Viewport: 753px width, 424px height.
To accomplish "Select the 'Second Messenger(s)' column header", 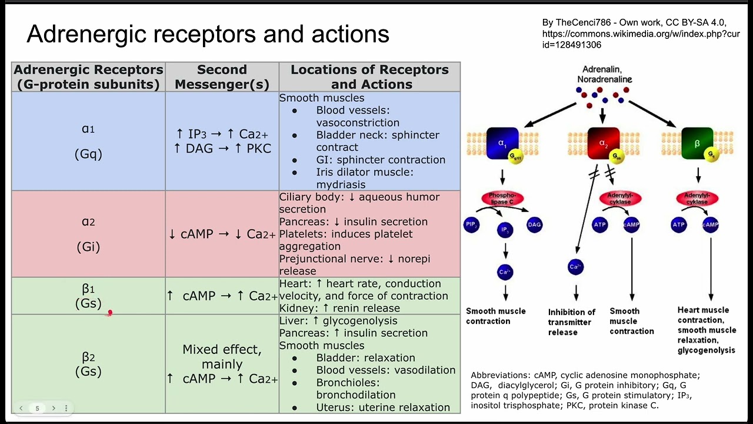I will coord(222,77).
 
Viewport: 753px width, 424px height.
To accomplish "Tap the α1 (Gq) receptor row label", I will coord(88,141).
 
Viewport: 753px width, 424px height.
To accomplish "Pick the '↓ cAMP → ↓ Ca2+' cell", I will coord(222,234).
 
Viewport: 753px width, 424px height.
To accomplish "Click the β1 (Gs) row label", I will coord(88,296).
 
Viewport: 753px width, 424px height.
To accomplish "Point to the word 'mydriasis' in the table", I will coord(341,184).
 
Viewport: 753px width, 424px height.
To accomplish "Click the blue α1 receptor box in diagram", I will coord(502,143).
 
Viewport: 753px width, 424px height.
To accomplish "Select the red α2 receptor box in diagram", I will coord(603,143).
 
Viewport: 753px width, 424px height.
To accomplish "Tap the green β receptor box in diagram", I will coord(697,143).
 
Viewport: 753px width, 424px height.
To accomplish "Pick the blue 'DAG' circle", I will coord(534,224).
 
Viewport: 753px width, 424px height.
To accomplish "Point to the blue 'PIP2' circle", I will coord(472,224).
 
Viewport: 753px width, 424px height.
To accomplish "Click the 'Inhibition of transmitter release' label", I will coord(571,322).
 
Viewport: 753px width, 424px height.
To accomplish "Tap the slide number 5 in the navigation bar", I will coord(37,408).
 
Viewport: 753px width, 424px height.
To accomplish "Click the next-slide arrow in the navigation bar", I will coord(54,408).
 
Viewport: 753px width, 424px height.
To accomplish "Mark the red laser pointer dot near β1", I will coord(109,313).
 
